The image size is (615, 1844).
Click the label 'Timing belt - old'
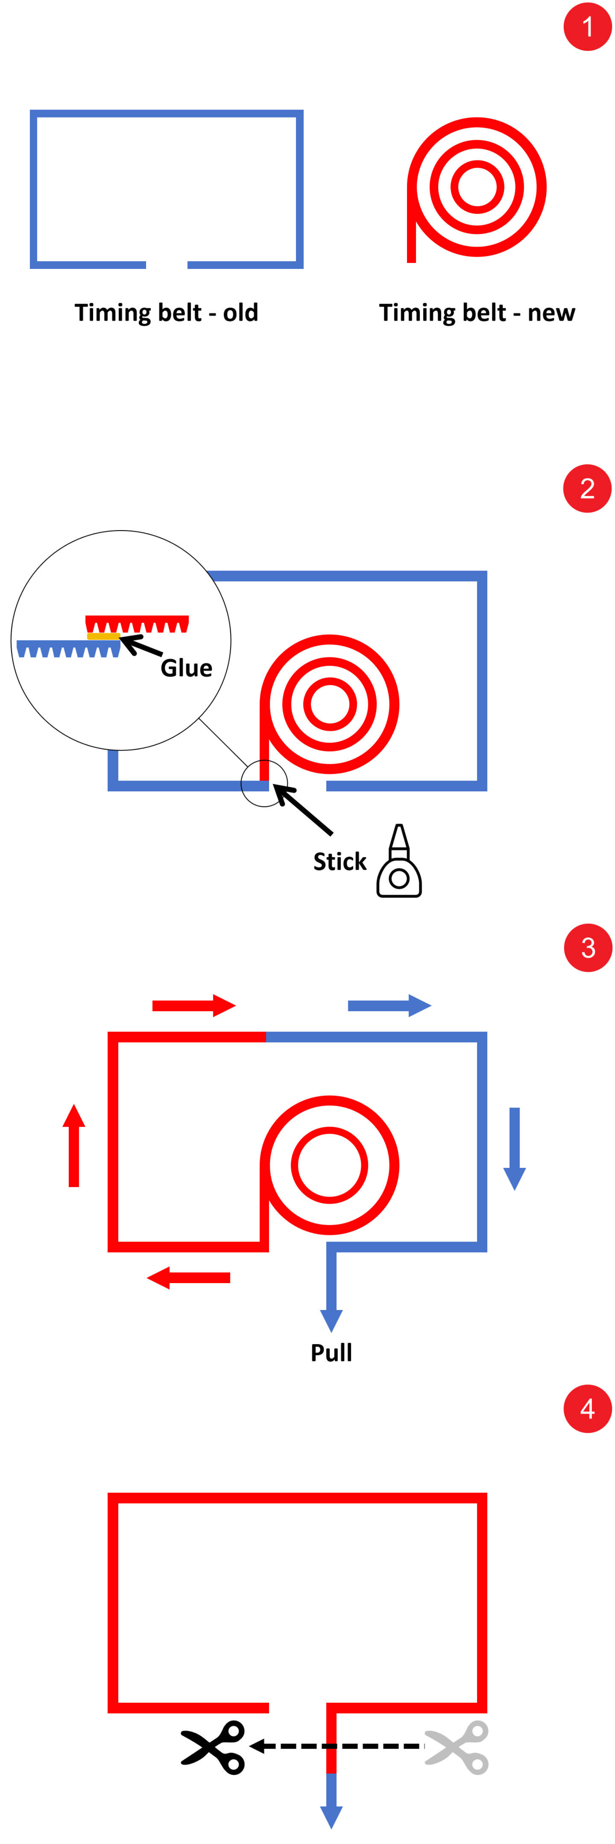[166, 313]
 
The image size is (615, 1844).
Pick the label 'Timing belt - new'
[477, 313]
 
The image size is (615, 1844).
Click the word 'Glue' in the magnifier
[186, 668]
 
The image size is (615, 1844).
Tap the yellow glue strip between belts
[102, 636]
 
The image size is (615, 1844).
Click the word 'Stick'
[339, 861]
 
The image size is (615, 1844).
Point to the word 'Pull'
[331, 1352]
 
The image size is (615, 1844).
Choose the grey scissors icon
[457, 1747]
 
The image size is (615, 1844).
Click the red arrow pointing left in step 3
[188, 1277]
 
